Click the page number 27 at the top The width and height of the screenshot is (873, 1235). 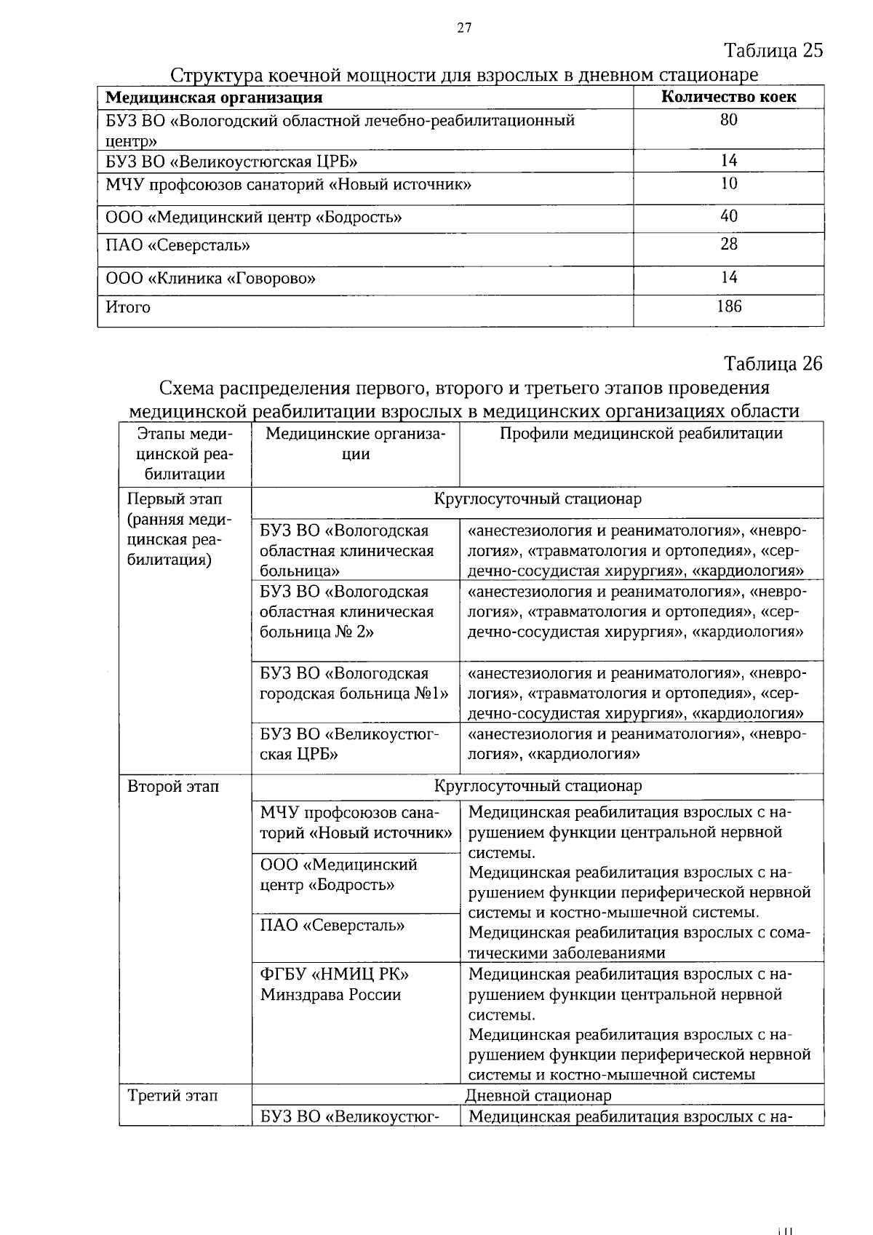tap(464, 28)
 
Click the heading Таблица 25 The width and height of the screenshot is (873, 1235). tap(773, 50)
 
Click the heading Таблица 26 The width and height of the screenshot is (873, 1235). tap(773, 363)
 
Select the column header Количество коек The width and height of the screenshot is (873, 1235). tap(728, 97)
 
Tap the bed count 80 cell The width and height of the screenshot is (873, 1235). tap(728, 120)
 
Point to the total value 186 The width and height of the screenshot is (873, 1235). tap(728, 306)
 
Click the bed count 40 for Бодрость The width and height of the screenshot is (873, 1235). tap(728, 216)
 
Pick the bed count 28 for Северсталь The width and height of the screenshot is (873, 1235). tap(728, 245)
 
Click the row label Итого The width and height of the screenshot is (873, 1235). tap(128, 307)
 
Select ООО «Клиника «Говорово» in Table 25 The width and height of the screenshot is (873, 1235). tap(211, 279)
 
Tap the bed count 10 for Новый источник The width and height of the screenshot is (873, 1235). tap(728, 183)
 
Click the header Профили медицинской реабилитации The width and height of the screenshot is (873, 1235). tap(641, 434)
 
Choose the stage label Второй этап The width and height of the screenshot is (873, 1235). tap(173, 787)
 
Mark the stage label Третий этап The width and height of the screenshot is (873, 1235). tap(172, 1096)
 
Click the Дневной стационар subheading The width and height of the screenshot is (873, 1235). tap(538, 1096)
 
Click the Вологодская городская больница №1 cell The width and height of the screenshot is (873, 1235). tap(353, 683)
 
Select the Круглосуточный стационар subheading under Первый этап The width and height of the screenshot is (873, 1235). tap(538, 499)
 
